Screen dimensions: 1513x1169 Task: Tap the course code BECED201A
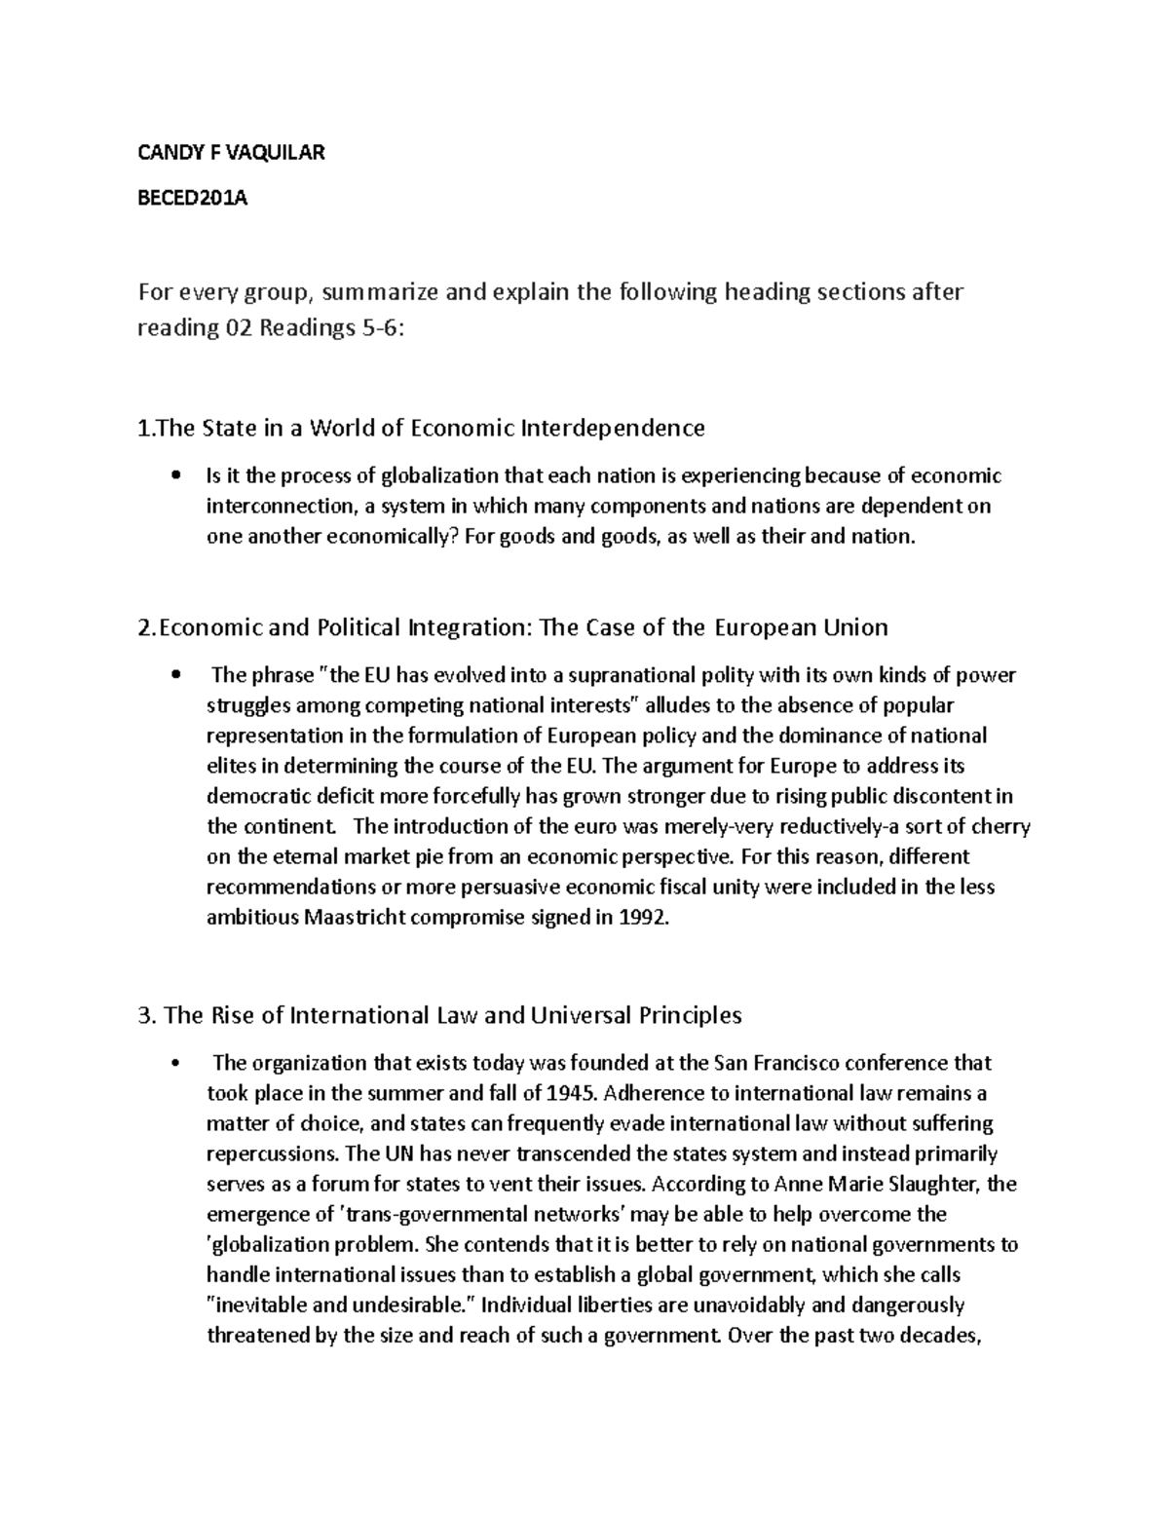[x=193, y=199]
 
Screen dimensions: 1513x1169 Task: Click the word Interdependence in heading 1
[x=613, y=427]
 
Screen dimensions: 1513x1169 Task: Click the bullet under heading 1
[x=175, y=476]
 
